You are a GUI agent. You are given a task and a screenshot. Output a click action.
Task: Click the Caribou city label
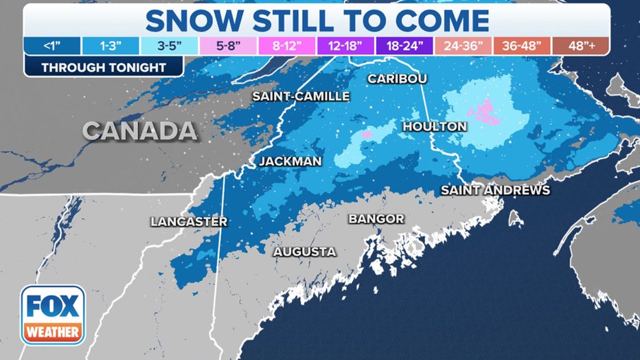click(x=397, y=78)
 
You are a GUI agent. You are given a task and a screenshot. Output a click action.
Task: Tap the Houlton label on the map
click(x=434, y=126)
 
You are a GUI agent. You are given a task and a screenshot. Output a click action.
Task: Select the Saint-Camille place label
click(x=301, y=96)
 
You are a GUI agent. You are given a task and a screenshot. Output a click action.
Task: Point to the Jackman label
click(x=290, y=161)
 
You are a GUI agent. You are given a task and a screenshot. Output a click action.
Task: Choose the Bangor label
click(x=376, y=219)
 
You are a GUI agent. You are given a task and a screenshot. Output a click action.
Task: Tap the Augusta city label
click(x=305, y=252)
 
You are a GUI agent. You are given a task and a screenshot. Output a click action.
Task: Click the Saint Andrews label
click(x=495, y=190)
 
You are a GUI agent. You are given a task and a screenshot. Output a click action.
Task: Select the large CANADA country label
click(x=140, y=131)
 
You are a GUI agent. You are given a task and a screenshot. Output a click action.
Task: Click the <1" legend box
click(x=52, y=46)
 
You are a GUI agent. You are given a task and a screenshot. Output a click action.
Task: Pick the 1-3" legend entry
click(x=111, y=46)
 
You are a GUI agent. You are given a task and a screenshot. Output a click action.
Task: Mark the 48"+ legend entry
click(x=580, y=46)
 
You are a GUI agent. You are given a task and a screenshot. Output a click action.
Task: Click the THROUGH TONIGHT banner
click(x=103, y=67)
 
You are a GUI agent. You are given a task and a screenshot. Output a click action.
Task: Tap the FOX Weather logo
click(x=54, y=315)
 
